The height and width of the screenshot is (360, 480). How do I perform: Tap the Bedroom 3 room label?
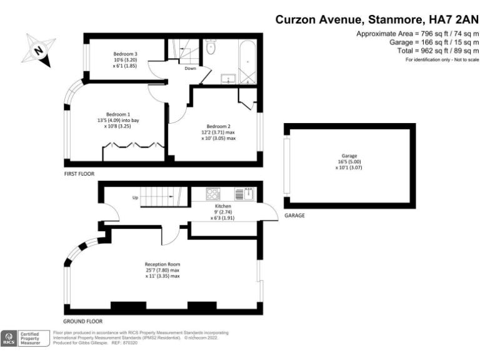pyautogui.click(x=125, y=59)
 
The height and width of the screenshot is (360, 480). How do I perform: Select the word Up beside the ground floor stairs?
pyautogui.click(x=134, y=198)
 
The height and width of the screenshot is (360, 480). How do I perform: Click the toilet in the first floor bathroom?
pyautogui.click(x=211, y=47)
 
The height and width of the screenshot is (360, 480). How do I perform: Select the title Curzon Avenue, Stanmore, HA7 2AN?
pyautogui.click(x=377, y=19)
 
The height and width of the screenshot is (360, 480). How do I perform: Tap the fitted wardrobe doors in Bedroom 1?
pyautogui.click(x=133, y=146)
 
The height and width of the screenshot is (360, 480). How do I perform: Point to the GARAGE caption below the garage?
pyautogui.click(x=294, y=215)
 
